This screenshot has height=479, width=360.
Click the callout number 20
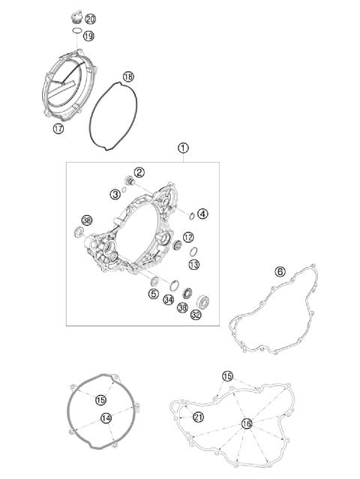91,18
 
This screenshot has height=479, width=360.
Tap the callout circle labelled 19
88,35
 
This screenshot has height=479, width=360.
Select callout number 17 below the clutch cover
58,129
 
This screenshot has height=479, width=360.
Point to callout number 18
128,76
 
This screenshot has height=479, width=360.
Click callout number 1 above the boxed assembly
183,148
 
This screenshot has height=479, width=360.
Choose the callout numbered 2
139,174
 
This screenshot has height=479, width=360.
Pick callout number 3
115,194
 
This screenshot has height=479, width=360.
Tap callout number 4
204,213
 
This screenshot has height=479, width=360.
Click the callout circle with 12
189,237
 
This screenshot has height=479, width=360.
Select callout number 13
193,265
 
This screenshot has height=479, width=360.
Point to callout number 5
153,294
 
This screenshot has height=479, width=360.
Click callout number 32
196,315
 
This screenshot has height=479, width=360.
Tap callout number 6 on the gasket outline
280,271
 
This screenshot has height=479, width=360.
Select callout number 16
246,424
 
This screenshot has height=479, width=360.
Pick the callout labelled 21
199,417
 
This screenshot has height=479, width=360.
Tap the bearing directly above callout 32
201,301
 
